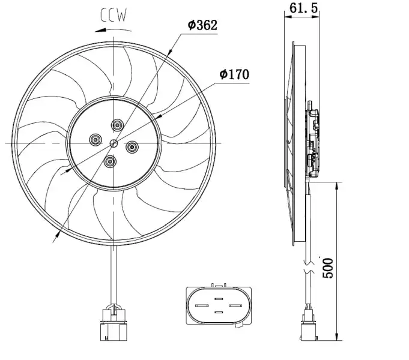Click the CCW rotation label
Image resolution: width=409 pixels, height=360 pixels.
(114, 15)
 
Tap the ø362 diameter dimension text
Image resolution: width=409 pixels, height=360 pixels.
(202, 25)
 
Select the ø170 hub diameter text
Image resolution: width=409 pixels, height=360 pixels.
(234, 74)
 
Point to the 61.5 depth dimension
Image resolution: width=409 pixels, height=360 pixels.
(303, 8)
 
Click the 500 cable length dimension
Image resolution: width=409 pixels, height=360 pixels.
(328, 268)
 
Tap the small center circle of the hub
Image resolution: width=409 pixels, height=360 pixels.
(114, 143)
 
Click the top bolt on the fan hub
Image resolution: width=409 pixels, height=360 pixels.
(117, 125)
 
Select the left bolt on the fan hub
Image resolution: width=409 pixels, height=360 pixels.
(95, 140)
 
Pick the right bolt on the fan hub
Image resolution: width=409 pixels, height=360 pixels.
(132, 147)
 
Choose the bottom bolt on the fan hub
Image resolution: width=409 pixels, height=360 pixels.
(110, 161)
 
